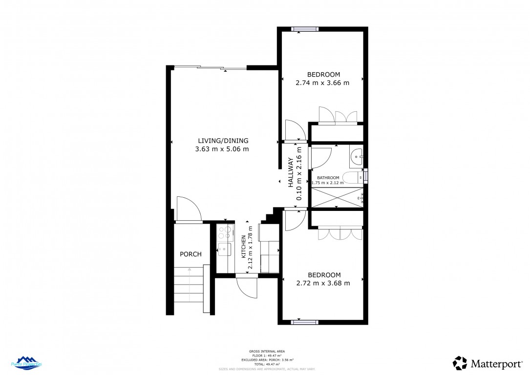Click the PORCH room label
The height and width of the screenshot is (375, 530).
point(191,254)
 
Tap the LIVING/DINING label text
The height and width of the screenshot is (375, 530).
point(223,141)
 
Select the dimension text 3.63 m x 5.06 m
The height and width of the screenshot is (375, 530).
point(223,149)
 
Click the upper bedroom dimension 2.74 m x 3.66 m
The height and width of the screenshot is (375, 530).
point(322,83)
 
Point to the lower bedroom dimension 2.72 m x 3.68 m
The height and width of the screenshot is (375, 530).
point(323,283)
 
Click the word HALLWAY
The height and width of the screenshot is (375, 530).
point(291,172)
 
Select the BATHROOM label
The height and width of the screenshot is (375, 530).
point(328,178)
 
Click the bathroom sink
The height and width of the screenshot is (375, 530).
point(356,156)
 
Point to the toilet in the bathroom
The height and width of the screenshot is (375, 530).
point(352,177)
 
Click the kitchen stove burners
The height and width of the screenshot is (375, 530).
point(225,232)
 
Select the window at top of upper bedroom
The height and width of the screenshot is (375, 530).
point(305,29)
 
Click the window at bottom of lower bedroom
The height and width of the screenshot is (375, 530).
point(305,322)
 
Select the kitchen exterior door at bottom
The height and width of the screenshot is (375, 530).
point(247,286)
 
